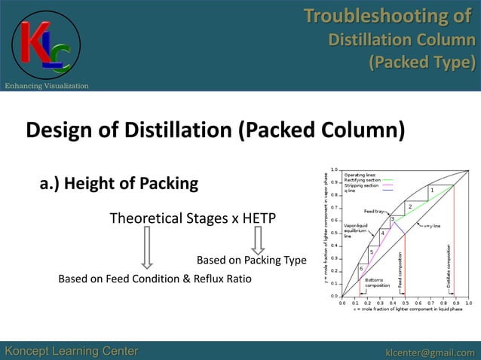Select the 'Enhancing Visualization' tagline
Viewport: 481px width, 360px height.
46,86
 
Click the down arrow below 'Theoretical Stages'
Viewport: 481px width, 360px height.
147,248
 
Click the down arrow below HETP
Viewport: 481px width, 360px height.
258,240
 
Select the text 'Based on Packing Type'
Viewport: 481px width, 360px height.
251,261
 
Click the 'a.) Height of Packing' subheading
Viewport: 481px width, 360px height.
118,183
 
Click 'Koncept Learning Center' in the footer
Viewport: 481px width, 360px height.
72,351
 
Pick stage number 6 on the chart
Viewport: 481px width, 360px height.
361,268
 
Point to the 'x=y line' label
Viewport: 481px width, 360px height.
433,225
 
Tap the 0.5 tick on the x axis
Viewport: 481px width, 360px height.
405,303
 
